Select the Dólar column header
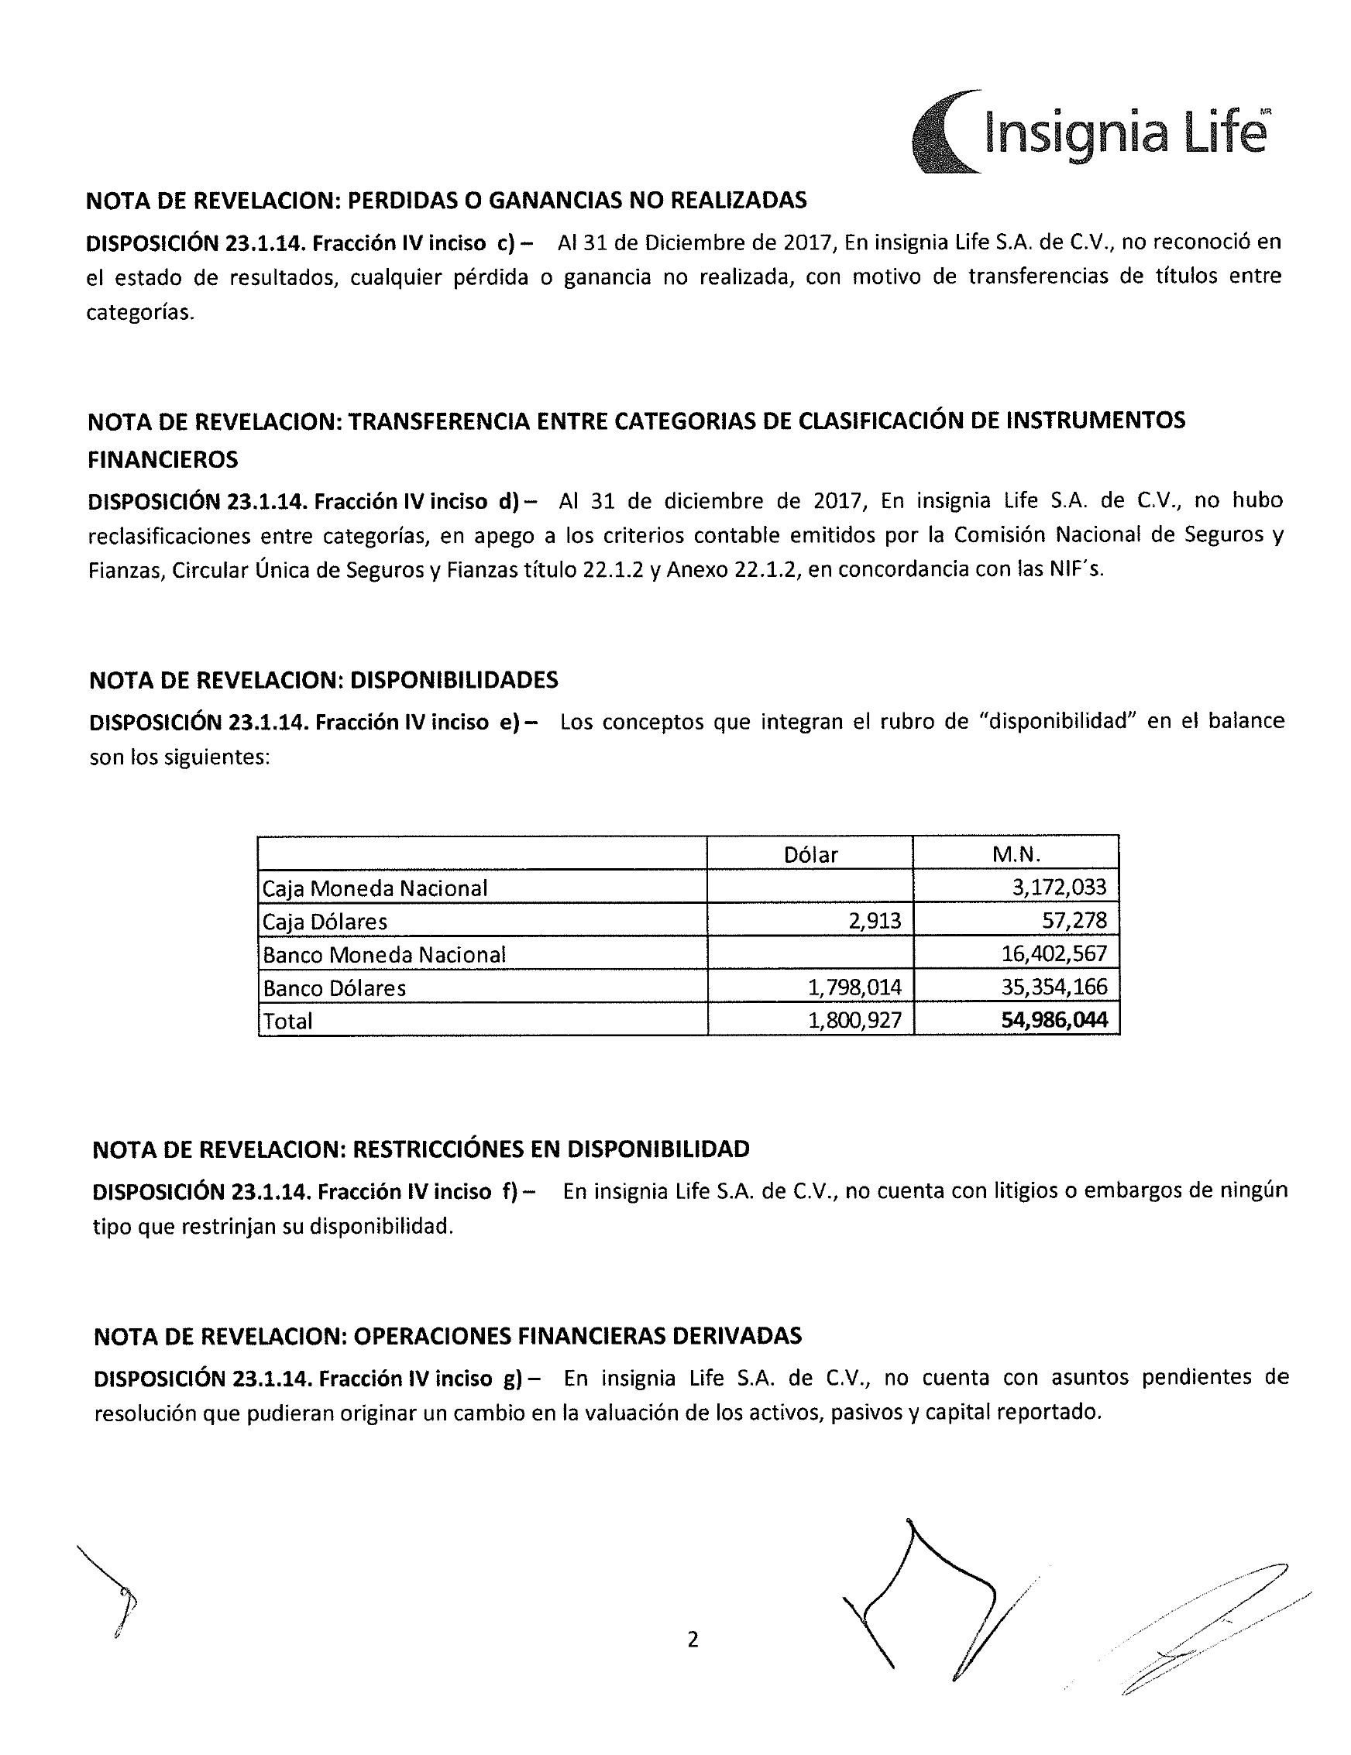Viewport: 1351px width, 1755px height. (810, 855)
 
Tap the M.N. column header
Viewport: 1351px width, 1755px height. (1016, 854)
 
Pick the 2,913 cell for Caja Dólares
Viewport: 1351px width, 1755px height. (875, 921)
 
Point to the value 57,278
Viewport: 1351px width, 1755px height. (1074, 921)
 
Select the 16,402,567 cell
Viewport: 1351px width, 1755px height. (1054, 955)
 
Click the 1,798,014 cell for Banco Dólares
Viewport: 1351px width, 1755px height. (854, 987)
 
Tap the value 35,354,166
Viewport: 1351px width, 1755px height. (1054, 987)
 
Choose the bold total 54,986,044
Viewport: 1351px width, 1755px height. (1054, 1021)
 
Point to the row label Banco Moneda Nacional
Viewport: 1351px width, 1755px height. (384, 956)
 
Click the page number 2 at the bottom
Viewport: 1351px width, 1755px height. (693, 1640)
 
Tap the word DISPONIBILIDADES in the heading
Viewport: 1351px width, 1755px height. (454, 681)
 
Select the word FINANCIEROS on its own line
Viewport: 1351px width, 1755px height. (163, 459)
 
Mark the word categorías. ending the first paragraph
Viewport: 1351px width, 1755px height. (141, 313)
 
